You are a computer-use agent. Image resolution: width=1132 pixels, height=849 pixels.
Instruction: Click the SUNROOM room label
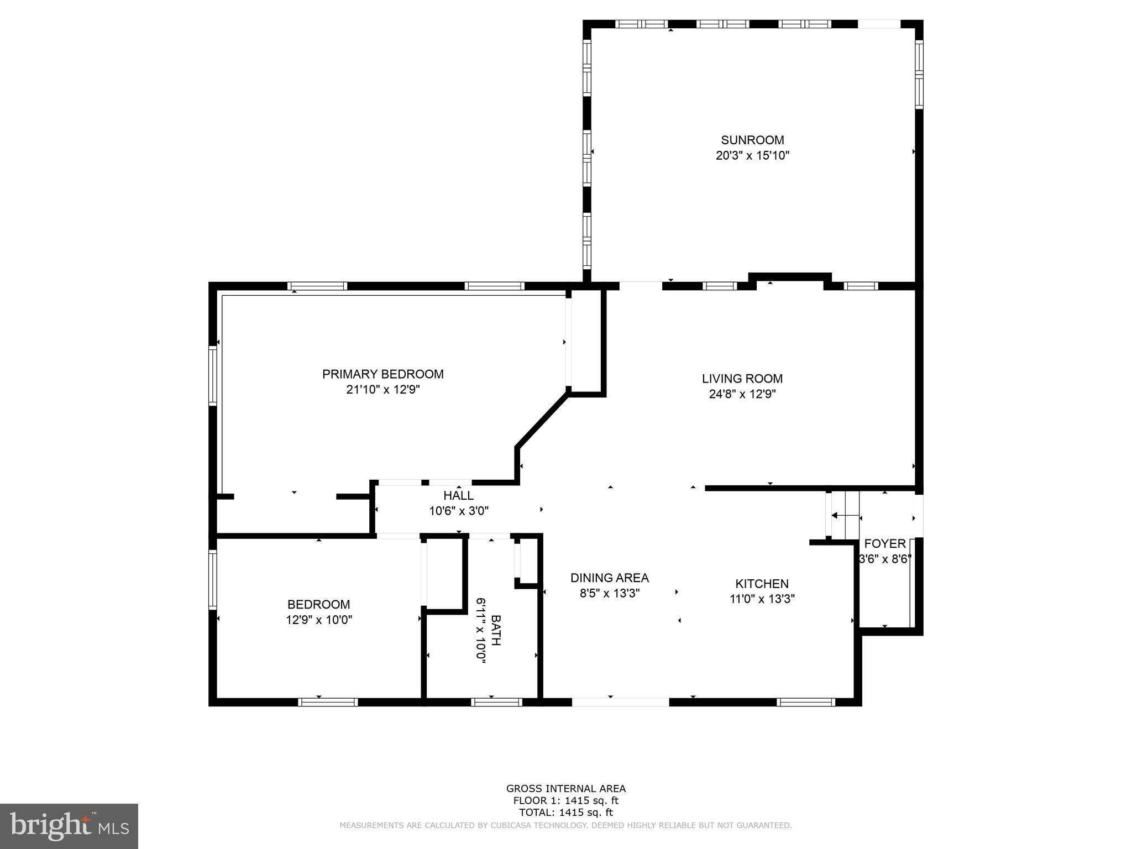752,140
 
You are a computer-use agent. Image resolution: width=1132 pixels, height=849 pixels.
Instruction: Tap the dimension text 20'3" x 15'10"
752,156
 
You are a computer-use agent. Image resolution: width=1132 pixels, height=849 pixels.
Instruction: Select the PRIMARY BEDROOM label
382,374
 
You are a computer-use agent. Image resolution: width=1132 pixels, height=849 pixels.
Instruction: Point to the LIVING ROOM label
742,379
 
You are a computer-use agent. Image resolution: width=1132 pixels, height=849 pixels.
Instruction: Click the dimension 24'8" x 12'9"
742,394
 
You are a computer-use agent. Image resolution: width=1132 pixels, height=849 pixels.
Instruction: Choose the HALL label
458,496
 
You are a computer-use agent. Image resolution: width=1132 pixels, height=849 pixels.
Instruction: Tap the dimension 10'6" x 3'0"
458,511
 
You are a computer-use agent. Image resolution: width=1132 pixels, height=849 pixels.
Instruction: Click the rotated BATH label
496,630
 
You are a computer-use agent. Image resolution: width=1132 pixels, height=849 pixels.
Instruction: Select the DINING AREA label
609,578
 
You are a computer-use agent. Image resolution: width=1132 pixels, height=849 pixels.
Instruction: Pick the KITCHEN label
762,584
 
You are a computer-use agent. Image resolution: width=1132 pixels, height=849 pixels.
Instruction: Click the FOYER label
884,543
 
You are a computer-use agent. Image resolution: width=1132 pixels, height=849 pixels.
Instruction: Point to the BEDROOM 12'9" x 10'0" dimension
318,620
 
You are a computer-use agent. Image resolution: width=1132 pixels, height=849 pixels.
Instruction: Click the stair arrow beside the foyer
846,516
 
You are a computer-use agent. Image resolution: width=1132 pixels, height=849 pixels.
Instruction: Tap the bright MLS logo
69,826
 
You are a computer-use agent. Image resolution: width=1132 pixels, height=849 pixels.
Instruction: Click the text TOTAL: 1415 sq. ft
565,813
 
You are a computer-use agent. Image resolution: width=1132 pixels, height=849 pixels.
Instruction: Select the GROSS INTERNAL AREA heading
565,789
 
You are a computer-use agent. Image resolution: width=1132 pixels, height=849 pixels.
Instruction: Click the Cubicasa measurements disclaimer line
565,825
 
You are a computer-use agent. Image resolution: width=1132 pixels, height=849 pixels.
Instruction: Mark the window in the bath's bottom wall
496,702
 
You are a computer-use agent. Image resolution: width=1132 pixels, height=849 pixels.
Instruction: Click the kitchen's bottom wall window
805,702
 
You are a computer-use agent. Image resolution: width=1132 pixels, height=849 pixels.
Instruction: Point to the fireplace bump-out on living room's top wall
790,277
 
